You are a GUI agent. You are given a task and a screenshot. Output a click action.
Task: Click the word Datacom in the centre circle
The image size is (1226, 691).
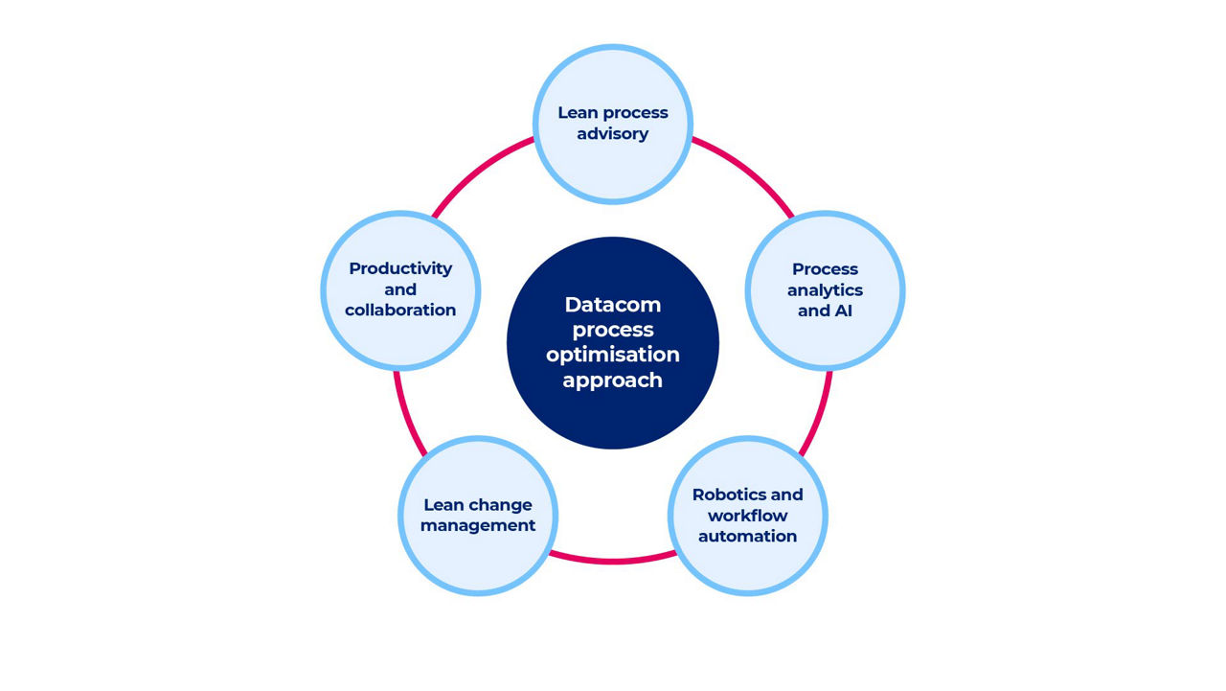[x=612, y=305]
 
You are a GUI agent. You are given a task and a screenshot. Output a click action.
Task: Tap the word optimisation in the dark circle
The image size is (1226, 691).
[x=612, y=355]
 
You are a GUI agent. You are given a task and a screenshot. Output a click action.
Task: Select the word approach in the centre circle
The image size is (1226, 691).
[x=612, y=380]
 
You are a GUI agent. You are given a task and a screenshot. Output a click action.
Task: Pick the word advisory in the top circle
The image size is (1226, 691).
[x=613, y=134]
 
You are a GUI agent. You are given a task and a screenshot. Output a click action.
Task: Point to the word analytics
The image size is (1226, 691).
[x=825, y=290]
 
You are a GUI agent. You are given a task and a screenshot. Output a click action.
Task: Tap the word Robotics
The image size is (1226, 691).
[x=726, y=495]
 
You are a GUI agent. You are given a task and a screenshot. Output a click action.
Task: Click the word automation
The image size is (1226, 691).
[x=747, y=537]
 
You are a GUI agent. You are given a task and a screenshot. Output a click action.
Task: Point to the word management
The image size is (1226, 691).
[x=477, y=526]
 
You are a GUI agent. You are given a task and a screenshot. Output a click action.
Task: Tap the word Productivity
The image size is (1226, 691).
[x=400, y=268]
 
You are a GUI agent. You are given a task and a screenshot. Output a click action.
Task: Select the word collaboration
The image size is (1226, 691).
[x=400, y=311]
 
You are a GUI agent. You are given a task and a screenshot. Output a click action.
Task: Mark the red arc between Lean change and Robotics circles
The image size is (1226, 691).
[x=613, y=559]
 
